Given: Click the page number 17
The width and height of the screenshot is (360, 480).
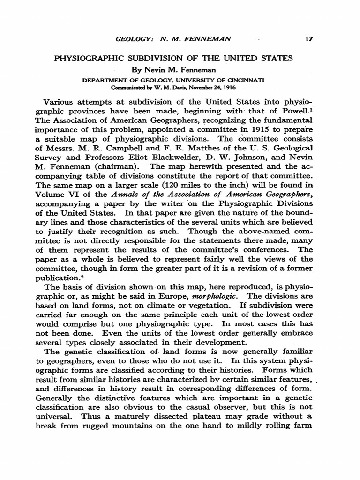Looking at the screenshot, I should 308,40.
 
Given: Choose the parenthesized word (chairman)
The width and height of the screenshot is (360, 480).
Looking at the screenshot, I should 114,167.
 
